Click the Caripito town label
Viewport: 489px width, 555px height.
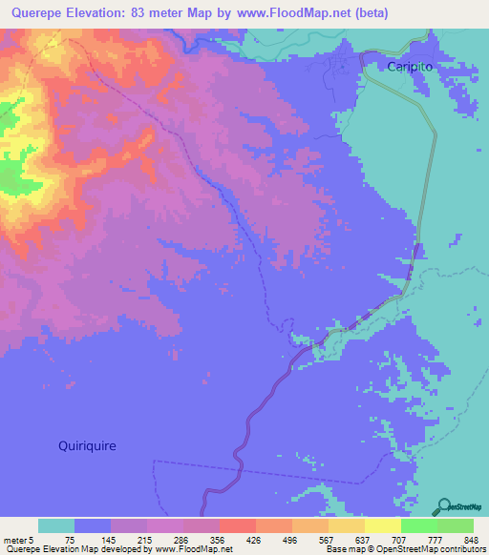tap(412, 66)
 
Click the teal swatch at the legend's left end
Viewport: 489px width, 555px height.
tap(56, 525)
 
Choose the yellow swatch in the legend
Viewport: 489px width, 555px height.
tap(383, 525)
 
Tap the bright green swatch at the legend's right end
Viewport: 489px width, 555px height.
tap(456, 525)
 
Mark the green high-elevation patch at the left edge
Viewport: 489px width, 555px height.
tap(10, 176)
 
